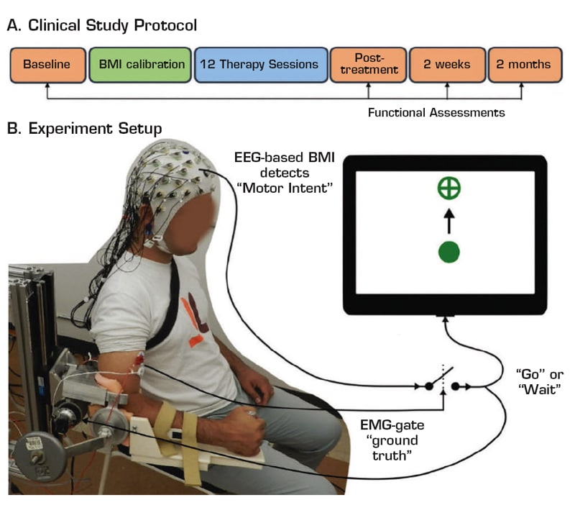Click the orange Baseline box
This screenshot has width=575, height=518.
47,65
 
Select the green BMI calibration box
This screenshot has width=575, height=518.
140,65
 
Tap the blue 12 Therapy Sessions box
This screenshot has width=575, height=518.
261,65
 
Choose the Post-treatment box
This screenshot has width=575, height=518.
369,65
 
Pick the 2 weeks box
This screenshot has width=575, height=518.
447,65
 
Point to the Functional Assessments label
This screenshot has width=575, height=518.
436,112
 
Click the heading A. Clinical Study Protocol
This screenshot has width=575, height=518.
102,25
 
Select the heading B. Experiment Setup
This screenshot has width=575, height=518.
84,129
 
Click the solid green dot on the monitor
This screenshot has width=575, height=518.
448,253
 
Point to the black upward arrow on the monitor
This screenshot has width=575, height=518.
449,222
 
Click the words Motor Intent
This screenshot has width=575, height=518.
285,188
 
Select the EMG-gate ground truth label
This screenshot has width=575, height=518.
392,440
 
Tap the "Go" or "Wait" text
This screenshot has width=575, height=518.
540,381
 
